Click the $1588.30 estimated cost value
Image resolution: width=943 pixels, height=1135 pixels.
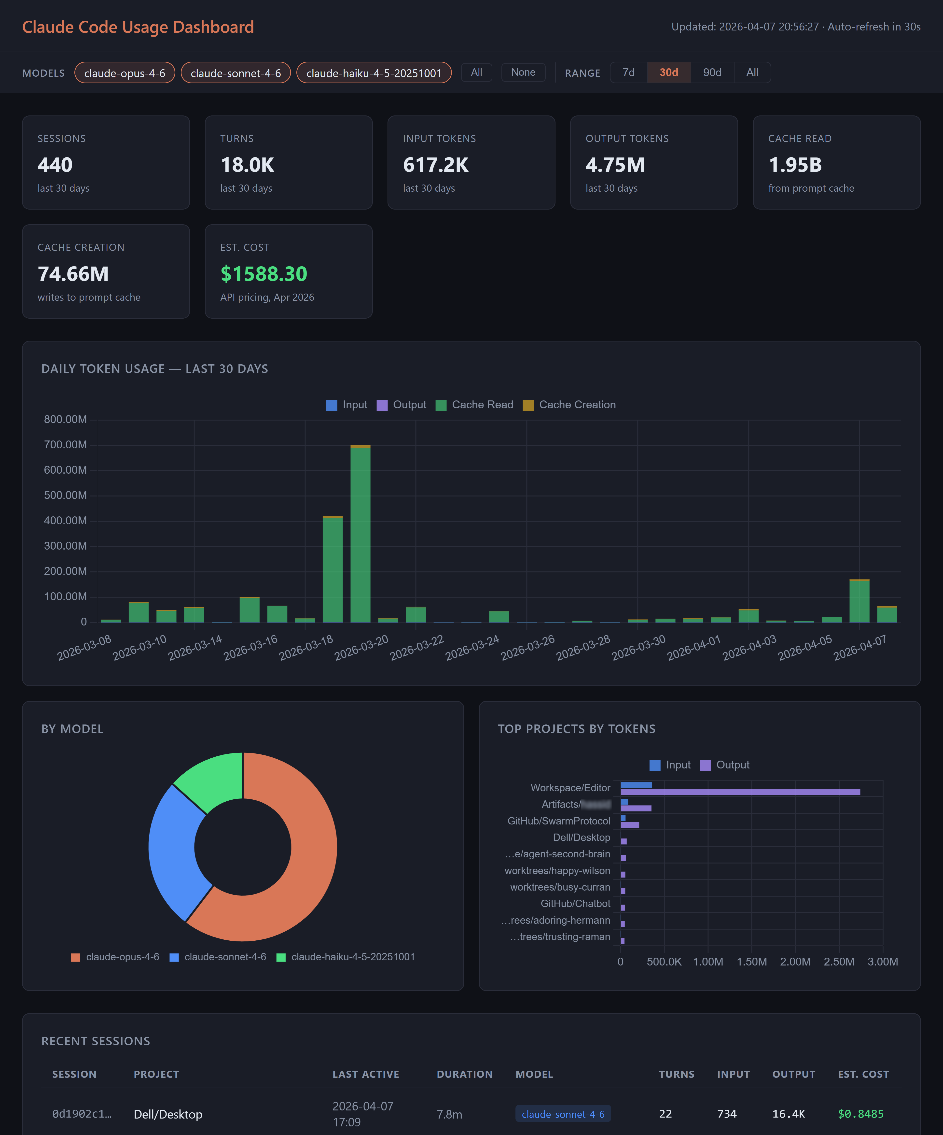tap(264, 274)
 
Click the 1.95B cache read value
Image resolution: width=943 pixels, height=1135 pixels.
tap(795, 165)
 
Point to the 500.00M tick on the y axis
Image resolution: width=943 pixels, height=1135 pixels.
tap(65, 496)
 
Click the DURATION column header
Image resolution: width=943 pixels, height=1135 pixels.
tap(464, 1075)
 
